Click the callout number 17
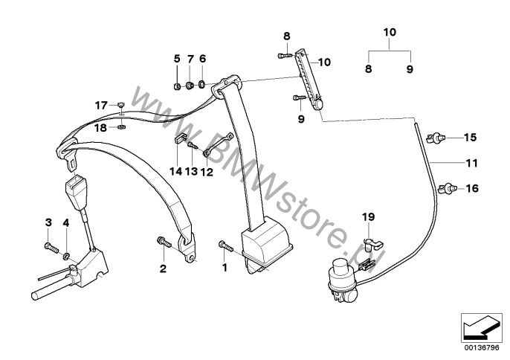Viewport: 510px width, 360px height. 100,106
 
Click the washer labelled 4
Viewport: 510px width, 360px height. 67,257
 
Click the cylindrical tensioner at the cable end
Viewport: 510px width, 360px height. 341,269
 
